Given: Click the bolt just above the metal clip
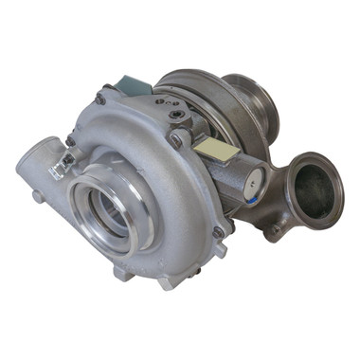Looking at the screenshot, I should (x=69, y=141).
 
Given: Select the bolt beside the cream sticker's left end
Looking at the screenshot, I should (x=177, y=139).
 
